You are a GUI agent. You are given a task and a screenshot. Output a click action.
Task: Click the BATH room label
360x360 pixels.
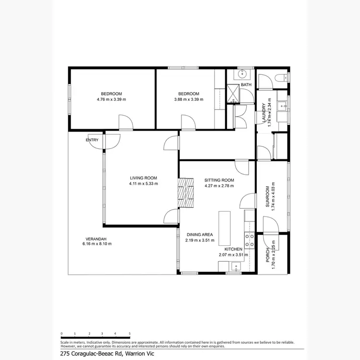[x=246, y=85]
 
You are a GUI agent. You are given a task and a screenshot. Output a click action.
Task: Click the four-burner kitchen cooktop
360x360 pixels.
[x=249, y=240]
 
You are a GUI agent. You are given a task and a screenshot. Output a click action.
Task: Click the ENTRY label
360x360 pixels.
[x=92, y=140]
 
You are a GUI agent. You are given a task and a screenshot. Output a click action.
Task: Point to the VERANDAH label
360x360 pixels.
[x=96, y=239]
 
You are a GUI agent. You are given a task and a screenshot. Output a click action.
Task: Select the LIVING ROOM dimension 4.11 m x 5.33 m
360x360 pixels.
[x=144, y=184]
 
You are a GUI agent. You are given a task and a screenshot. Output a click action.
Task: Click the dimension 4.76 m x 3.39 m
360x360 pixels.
[x=111, y=99]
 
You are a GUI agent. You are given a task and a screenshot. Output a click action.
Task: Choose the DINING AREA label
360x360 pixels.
[x=201, y=235]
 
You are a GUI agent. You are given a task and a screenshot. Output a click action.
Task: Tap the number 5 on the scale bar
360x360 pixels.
[x=130, y=333]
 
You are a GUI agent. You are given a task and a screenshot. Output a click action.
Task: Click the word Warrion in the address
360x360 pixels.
[x=137, y=354]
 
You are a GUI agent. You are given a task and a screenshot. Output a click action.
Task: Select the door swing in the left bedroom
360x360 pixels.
[x=125, y=122]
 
